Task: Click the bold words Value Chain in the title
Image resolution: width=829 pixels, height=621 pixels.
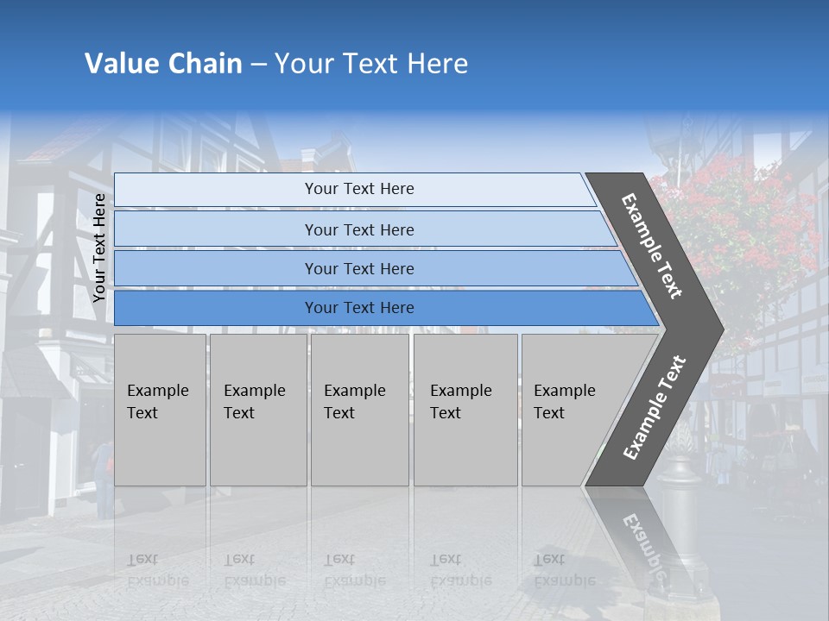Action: [x=163, y=64]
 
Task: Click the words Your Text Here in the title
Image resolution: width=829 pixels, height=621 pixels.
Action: [x=371, y=64]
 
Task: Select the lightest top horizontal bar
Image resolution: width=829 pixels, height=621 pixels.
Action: [x=358, y=189]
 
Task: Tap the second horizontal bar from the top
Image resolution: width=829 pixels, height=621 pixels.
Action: [x=358, y=229]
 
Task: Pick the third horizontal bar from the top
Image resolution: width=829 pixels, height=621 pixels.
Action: [x=358, y=268]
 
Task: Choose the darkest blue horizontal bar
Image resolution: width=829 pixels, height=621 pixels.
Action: [x=358, y=308]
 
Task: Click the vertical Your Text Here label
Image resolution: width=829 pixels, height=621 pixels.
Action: [x=99, y=248]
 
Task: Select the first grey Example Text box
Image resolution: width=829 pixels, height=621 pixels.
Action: [x=160, y=410]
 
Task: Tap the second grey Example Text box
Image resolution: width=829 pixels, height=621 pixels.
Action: [x=257, y=410]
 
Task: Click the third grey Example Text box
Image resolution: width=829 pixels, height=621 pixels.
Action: [x=359, y=410]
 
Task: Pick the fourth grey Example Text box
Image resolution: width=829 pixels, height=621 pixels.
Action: [x=465, y=410]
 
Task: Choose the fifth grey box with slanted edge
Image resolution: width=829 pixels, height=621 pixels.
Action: [x=570, y=410]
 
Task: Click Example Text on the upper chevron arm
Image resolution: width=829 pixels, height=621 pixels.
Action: [x=652, y=246]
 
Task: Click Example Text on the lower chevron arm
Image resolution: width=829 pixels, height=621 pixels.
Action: [x=654, y=408]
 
